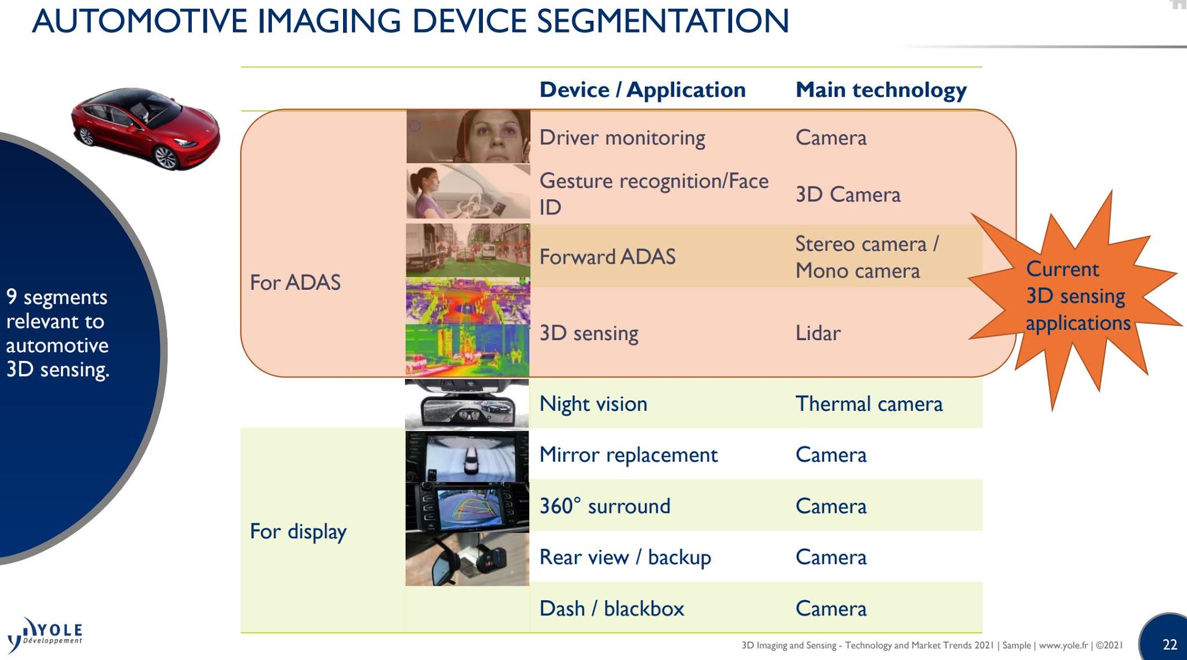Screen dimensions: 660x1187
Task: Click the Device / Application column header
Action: pos(642,90)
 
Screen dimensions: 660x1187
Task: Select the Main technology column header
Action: pos(880,90)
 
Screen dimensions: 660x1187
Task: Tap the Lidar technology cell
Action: pos(818,333)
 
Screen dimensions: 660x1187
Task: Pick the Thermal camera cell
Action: pos(869,404)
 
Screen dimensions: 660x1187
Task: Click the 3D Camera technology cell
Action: pos(848,195)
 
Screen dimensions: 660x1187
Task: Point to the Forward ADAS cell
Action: pos(607,257)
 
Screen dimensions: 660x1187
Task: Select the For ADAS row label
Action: pos(295,282)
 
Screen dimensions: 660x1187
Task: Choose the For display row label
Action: pos(298,531)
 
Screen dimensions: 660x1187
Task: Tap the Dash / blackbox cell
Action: pos(611,608)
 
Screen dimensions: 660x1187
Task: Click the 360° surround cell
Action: pos(605,506)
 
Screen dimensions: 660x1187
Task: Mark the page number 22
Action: pos(1170,644)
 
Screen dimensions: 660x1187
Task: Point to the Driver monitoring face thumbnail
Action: pos(468,137)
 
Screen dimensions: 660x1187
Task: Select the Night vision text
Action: pos(593,404)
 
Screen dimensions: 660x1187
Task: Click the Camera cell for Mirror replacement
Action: pos(831,455)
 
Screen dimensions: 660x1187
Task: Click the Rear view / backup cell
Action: pos(625,557)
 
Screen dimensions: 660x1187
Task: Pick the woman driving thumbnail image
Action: pos(468,192)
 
